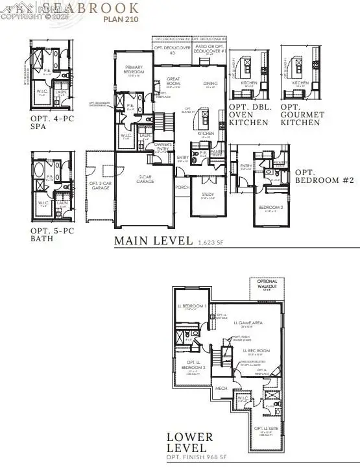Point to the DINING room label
(x=210, y=82)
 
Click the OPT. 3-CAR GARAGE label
(x=101, y=167)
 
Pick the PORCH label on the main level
(x=182, y=186)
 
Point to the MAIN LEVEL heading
(x=152, y=241)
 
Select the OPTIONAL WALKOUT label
(x=267, y=285)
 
